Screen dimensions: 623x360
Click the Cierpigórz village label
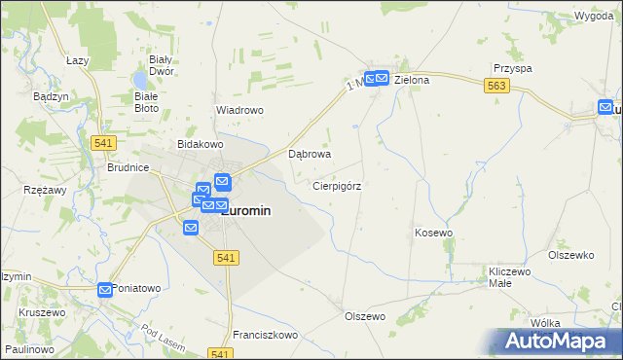(x=338, y=185)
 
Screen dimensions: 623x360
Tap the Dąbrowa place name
(x=311, y=154)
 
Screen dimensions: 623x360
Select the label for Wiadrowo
(x=239, y=110)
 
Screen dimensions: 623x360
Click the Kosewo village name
(x=434, y=233)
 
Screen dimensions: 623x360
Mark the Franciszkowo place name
(x=265, y=335)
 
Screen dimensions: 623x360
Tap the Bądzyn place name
(x=50, y=97)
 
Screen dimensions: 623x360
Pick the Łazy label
(x=78, y=60)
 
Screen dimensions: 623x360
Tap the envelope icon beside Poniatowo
(x=105, y=289)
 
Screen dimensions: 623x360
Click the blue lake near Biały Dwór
(x=142, y=77)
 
